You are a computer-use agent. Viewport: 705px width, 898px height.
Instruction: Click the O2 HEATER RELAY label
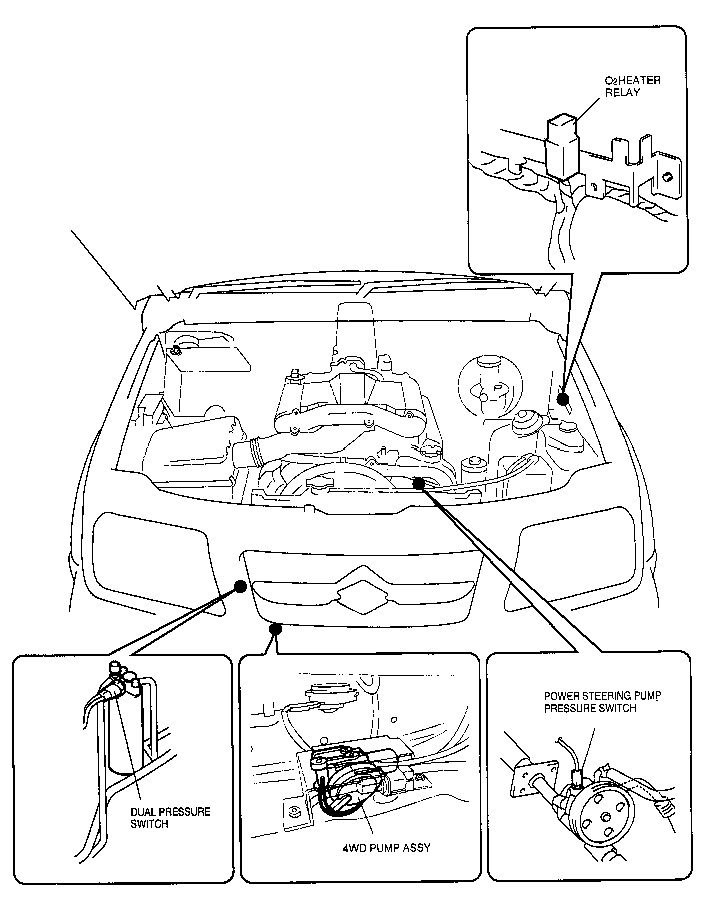[632, 86]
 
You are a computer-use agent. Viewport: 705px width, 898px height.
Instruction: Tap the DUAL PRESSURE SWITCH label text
[170, 817]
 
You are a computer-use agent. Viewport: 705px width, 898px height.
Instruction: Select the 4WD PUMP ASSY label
[387, 847]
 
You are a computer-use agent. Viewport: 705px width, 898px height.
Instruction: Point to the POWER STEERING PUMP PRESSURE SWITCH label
[602, 701]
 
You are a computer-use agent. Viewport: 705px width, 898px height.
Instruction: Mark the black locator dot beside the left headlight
[240, 586]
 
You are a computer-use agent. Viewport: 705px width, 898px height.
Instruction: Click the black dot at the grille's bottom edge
[275, 628]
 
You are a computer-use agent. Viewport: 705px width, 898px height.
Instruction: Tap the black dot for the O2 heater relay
[563, 399]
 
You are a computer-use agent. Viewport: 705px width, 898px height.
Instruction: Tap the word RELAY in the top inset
[622, 93]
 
